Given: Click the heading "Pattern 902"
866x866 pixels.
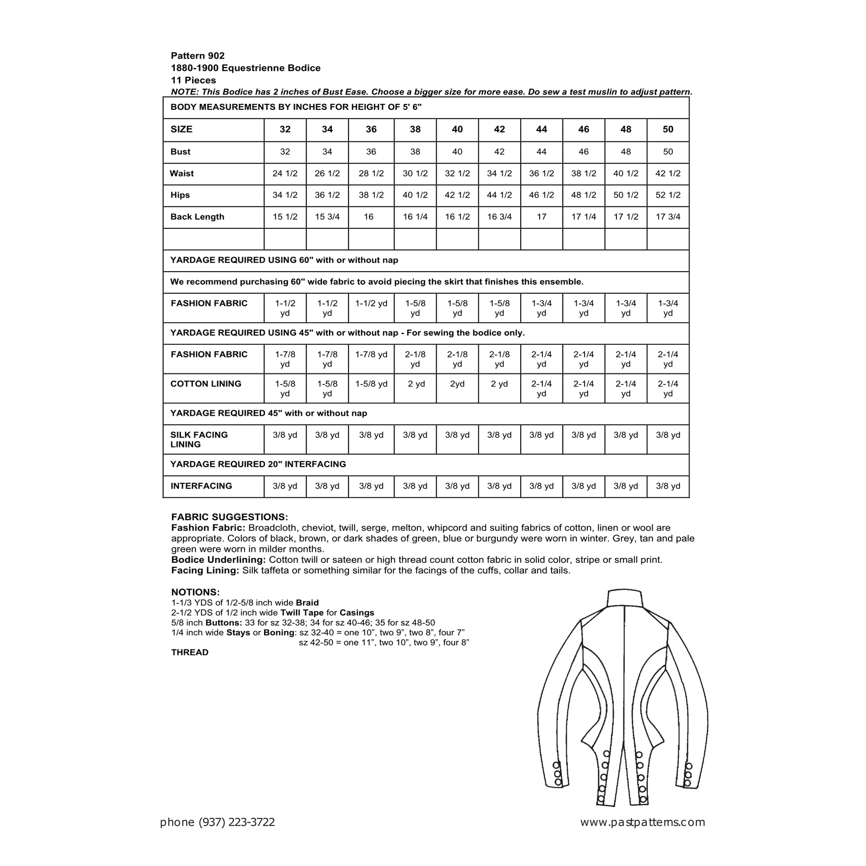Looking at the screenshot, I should point(198,56).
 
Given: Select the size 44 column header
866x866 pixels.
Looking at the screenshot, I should point(541,129).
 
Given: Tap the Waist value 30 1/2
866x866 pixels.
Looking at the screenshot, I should point(415,174).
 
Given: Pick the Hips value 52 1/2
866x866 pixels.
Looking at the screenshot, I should point(668,195).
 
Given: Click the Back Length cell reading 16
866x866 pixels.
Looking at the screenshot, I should point(369,217).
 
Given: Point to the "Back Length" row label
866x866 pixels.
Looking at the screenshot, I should point(197,217).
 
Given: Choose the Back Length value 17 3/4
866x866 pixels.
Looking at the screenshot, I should point(668,217).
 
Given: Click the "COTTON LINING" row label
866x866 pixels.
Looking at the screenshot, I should point(206,384).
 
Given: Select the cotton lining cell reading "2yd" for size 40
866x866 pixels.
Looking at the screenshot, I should point(457,384).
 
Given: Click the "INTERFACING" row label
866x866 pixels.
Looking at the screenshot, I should point(201,486).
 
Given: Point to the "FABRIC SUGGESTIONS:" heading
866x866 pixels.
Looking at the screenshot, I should point(229,517).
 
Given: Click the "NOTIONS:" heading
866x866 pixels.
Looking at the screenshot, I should point(195,592).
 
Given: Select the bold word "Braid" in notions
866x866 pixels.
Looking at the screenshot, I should point(307,602).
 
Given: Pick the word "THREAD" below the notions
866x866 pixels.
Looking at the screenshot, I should point(189,653).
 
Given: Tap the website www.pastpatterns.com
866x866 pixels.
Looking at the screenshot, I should point(642,823).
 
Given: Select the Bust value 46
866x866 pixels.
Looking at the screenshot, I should point(583,152).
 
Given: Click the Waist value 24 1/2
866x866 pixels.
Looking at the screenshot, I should point(285,174).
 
